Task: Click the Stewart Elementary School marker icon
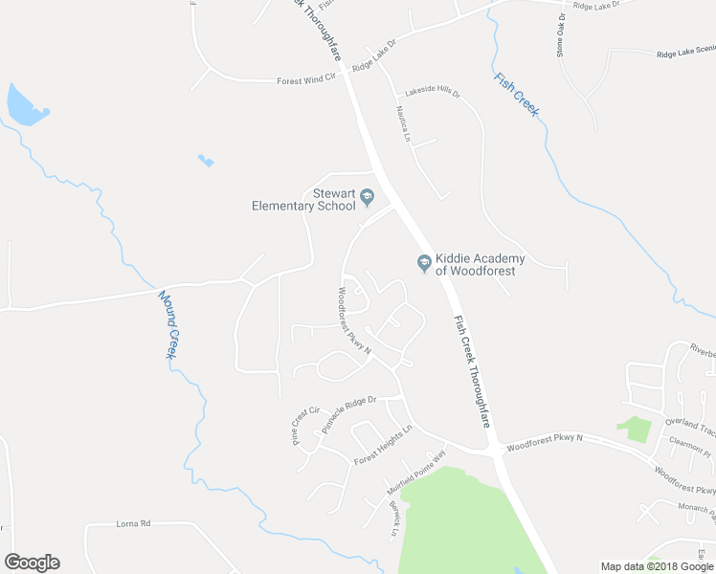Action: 367,198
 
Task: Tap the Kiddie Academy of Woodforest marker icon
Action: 424,263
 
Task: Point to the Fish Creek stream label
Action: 517,96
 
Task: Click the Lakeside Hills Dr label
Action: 433,94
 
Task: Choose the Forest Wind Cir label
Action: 308,81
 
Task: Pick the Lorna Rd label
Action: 133,524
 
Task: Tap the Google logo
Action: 32,563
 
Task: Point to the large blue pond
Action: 24,106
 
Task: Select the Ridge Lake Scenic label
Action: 685,54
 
